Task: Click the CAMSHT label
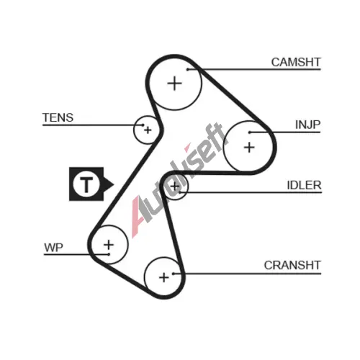coord(296,63)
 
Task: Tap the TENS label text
coord(58,118)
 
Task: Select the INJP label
coord(307,125)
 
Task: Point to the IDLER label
coord(304,185)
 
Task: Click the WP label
coord(53,248)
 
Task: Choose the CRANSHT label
coord(292,266)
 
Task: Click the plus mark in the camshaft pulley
coord(174,84)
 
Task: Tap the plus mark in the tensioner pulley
coord(148,130)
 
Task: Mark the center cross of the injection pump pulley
coord(249,148)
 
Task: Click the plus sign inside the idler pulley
coord(175,186)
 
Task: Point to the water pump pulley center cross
coord(109,245)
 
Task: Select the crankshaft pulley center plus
coord(164,278)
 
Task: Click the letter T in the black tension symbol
coord(86,184)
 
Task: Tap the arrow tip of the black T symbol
coord(114,184)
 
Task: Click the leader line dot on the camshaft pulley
coord(188,70)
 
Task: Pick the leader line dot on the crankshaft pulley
coord(173,274)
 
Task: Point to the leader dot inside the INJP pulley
coord(250,132)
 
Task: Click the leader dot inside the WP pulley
coord(109,254)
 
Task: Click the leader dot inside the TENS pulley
coord(143,125)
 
